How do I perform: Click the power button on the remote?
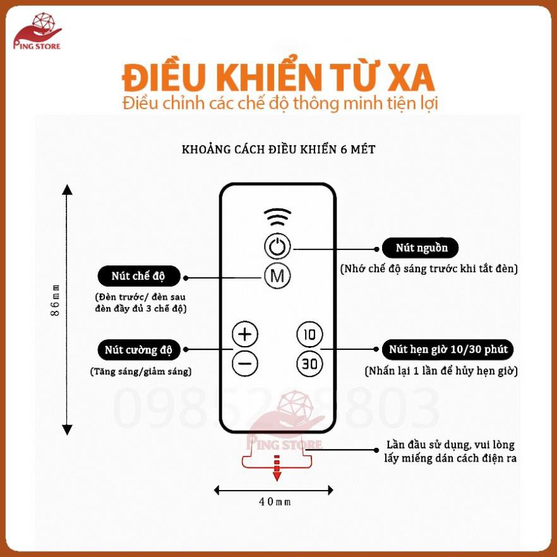click(x=277, y=246)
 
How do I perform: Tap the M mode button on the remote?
click(x=277, y=275)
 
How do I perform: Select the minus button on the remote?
click(x=245, y=363)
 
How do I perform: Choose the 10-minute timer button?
click(x=309, y=334)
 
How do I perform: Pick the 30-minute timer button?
click(x=309, y=363)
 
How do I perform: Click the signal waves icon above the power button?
click(x=277, y=217)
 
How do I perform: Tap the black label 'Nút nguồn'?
click(x=420, y=248)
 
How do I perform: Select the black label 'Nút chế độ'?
click(x=139, y=276)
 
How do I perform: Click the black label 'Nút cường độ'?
click(x=139, y=350)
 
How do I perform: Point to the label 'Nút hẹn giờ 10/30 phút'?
click(x=448, y=349)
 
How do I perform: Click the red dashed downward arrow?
click(x=277, y=467)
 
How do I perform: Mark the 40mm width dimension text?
click(x=275, y=501)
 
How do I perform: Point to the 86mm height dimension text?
click(x=56, y=301)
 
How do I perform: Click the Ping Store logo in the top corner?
click(x=37, y=32)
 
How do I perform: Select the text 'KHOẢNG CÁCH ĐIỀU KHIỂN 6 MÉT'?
click(x=278, y=149)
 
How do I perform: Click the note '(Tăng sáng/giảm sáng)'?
click(x=141, y=371)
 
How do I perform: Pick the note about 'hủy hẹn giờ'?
click(x=441, y=371)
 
